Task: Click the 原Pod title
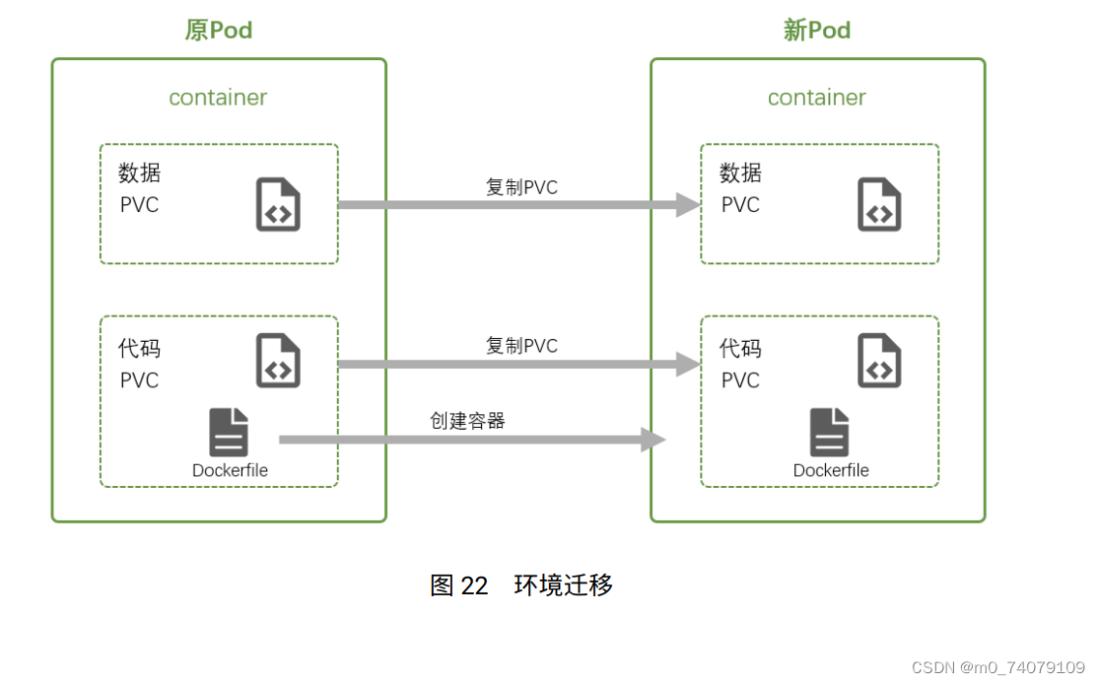tap(218, 31)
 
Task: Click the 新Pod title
tap(816, 31)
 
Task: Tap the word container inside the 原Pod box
tap(218, 98)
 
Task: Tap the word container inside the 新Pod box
tap(816, 98)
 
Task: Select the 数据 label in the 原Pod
tap(139, 173)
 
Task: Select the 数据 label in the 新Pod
tap(740, 173)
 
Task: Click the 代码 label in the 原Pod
tap(139, 349)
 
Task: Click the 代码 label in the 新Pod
tap(740, 349)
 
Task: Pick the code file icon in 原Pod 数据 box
tap(278, 204)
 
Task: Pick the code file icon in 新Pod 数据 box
tap(879, 204)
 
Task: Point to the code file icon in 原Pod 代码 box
tap(278, 360)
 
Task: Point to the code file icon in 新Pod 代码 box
tap(879, 360)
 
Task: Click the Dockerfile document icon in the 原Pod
tap(229, 433)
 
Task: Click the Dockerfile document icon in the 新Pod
tap(830, 433)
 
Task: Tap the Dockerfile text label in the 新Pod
tap(831, 471)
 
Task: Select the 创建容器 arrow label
tap(467, 421)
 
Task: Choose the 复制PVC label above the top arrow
tap(521, 187)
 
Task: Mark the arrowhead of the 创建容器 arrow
tap(653, 440)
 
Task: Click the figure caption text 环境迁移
tap(564, 585)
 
